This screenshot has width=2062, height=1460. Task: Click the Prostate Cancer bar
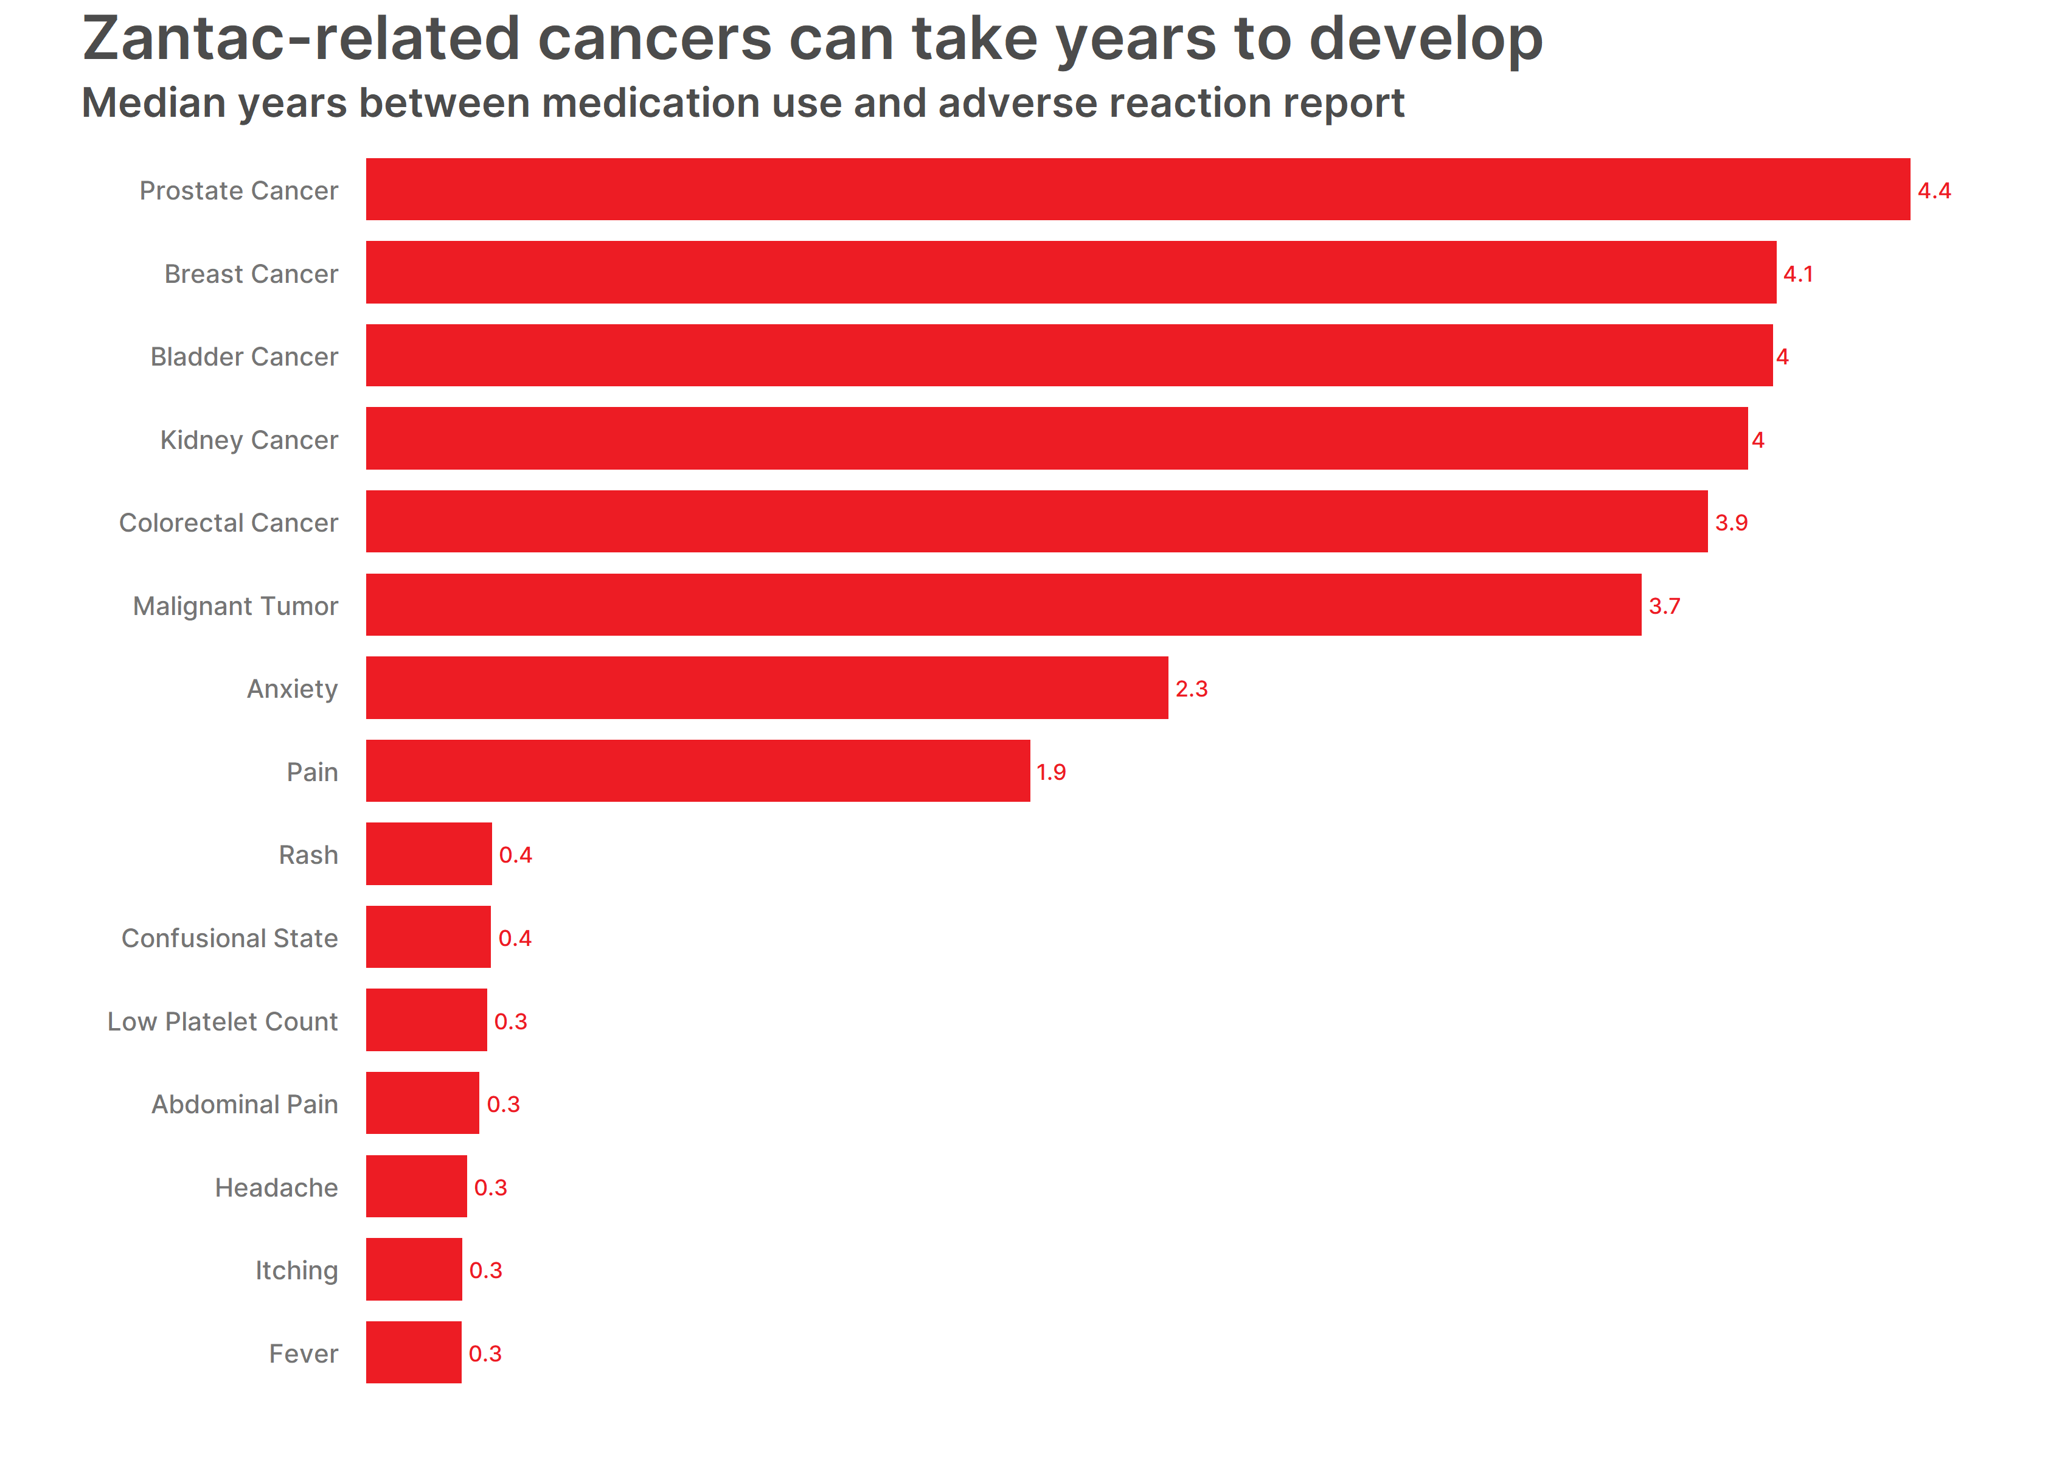pyautogui.click(x=1138, y=190)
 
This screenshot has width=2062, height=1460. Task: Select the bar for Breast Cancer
pyautogui.click(x=1071, y=273)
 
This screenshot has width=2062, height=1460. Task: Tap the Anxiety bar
pyautogui.click(x=767, y=688)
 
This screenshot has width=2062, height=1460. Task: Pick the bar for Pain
pyautogui.click(x=698, y=771)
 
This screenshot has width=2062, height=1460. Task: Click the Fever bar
pyautogui.click(x=414, y=1352)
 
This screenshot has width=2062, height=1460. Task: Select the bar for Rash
pyautogui.click(x=429, y=854)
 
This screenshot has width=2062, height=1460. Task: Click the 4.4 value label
pyautogui.click(x=1934, y=190)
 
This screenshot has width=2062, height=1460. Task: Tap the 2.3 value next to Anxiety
pyautogui.click(x=1192, y=689)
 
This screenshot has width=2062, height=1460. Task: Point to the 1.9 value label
pyautogui.click(x=1052, y=772)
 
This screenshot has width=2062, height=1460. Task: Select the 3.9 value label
pyautogui.click(x=1731, y=523)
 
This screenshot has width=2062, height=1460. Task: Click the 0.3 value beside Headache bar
pyautogui.click(x=491, y=1187)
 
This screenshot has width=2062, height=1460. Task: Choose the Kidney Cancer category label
pyautogui.click(x=249, y=440)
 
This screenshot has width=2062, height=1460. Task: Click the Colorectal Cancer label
pyautogui.click(x=228, y=523)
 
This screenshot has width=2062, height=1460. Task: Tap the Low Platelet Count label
pyautogui.click(x=222, y=1021)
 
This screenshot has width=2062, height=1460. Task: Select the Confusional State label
pyautogui.click(x=229, y=937)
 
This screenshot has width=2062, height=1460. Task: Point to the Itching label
pyautogui.click(x=297, y=1270)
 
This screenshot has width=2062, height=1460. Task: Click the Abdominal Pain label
pyautogui.click(x=245, y=1104)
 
